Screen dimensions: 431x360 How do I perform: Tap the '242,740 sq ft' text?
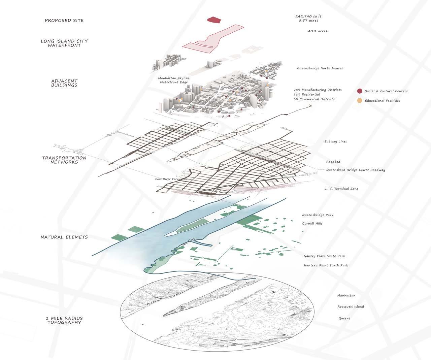[x=310, y=16]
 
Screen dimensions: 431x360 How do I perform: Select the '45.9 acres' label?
[x=317, y=31]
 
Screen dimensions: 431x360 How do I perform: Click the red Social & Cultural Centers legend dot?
[x=360, y=91]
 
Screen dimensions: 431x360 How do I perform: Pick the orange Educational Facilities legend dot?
[x=360, y=100]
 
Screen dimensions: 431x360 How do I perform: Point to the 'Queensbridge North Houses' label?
[x=320, y=68]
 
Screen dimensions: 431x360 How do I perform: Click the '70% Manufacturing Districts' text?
[x=317, y=90]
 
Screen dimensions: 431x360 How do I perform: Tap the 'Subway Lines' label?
[x=335, y=141]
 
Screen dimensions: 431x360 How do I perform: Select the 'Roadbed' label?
[x=333, y=162]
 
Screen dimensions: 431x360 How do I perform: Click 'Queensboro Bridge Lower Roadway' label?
[x=356, y=170]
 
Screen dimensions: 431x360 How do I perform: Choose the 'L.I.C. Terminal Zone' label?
[x=341, y=189]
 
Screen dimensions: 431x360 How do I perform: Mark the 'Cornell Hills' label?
[x=312, y=224]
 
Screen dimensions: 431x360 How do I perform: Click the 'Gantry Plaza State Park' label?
[x=324, y=256]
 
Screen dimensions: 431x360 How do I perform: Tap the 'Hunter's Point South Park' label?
[x=326, y=265]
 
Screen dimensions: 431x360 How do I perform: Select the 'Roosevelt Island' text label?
[x=351, y=307]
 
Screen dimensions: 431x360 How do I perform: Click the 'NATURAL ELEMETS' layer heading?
[x=64, y=237]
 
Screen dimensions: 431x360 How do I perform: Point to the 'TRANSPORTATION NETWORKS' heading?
[x=64, y=160]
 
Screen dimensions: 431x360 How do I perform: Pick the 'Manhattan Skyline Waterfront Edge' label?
[x=174, y=80]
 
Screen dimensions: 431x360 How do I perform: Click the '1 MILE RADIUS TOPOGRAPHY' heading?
[x=64, y=320]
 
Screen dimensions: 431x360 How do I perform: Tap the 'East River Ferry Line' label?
[x=171, y=179]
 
